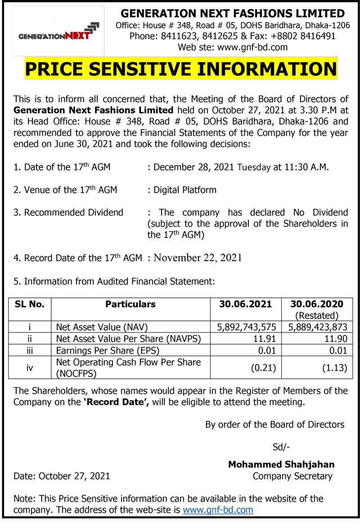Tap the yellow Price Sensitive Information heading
point(181,69)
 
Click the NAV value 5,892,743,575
point(246,327)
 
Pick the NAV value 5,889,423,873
point(315,327)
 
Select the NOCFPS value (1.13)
point(334,368)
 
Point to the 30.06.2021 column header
point(246,304)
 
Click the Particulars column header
point(130,304)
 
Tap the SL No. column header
point(30,304)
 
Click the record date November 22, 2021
point(198,258)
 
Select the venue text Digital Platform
point(185,190)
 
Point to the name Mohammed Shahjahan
point(281,464)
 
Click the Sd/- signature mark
point(281,447)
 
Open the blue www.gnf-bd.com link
point(218,510)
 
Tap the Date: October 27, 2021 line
point(62,476)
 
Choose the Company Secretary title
point(292,476)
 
